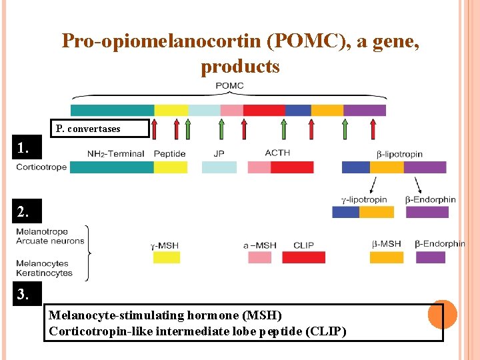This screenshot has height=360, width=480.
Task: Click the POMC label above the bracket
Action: coord(229,86)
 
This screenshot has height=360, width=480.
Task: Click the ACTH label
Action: coord(277,153)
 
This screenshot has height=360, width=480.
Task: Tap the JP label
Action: coord(219,154)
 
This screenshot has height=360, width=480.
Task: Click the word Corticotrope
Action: coord(41,167)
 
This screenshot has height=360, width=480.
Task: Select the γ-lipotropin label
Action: coord(363,199)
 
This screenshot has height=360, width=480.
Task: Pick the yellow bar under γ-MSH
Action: coord(167,257)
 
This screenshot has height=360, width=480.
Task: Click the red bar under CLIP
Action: coord(303,257)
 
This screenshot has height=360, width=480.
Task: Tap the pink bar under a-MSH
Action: coord(259,257)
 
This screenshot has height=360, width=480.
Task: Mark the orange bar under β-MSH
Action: coord(387,257)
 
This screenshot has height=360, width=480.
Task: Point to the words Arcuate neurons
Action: coord(51,241)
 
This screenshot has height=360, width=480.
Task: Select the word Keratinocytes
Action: coord(45,273)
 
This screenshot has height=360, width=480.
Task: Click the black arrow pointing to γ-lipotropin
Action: coord(371,185)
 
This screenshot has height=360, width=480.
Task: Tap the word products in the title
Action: coord(240,67)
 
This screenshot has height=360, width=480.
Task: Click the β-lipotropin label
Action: coord(399,154)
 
